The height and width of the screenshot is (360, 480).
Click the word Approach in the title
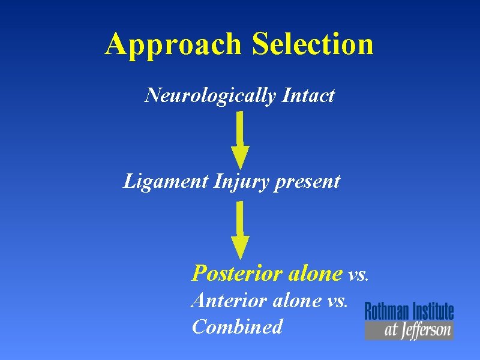pyautogui.click(x=175, y=44)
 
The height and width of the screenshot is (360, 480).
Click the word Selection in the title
pyautogui.click(x=313, y=44)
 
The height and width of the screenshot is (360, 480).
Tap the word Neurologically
pyautogui.click(x=210, y=95)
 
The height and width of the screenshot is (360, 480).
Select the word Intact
pyautogui.click(x=307, y=95)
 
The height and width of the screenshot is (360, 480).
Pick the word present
pyautogui.click(x=307, y=182)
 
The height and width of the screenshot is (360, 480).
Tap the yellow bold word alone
pyautogui.click(x=315, y=274)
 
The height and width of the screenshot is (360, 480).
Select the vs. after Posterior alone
pyautogui.click(x=359, y=275)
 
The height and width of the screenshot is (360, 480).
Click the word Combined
pyautogui.click(x=237, y=327)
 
